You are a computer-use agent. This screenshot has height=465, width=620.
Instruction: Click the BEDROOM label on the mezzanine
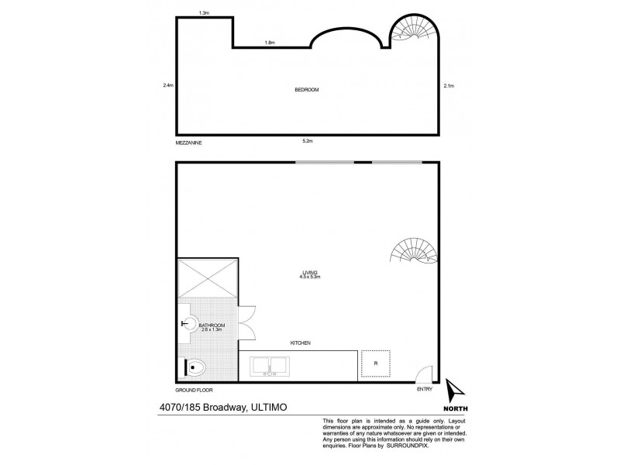[307, 90]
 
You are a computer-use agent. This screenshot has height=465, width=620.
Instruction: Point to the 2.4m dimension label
[167, 85]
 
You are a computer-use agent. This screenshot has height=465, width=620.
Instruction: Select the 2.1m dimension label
[449, 85]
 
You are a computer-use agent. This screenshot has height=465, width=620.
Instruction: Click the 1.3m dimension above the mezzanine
[205, 13]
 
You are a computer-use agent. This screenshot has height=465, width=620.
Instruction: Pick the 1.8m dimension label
[270, 43]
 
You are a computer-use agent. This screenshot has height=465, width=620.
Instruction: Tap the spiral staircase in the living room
[417, 252]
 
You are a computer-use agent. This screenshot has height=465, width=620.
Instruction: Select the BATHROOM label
[212, 325]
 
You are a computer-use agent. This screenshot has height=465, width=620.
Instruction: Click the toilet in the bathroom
[194, 367]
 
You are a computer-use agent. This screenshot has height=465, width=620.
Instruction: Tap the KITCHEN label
[301, 343]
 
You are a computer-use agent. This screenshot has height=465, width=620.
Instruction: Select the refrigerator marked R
[375, 363]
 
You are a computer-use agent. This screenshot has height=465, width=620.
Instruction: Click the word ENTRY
[424, 390]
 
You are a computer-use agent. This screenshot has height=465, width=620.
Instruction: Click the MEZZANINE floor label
[190, 143]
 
